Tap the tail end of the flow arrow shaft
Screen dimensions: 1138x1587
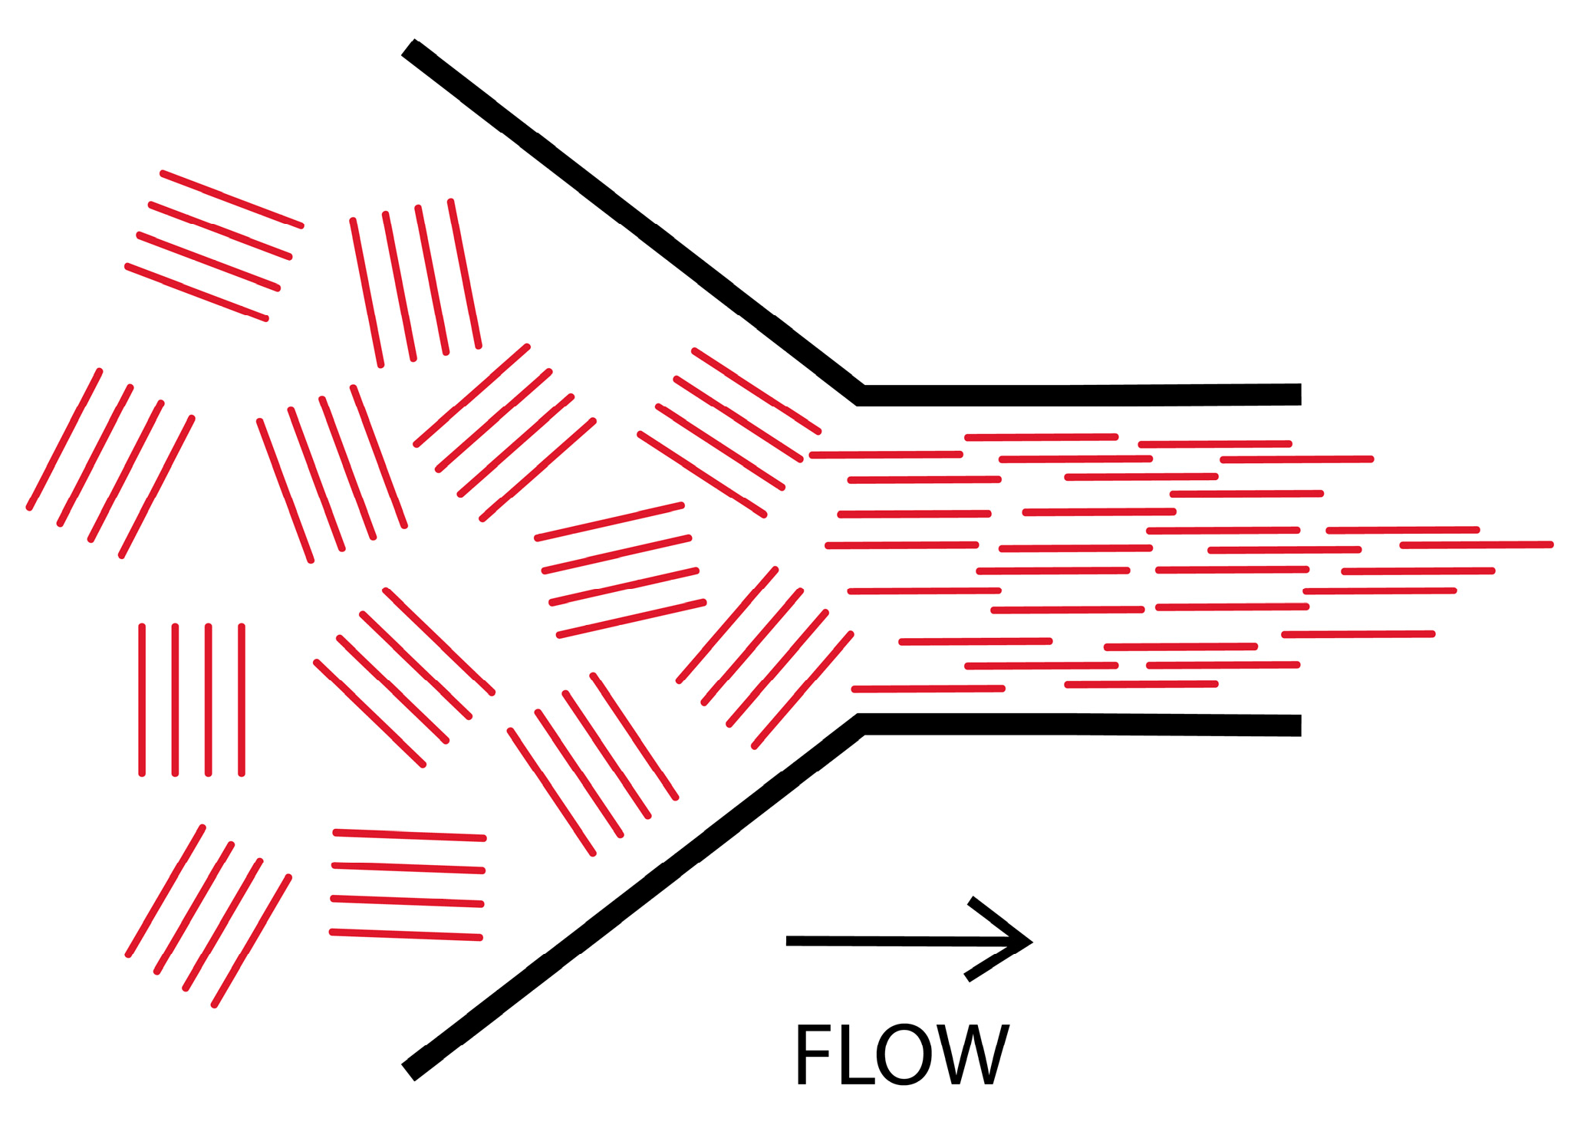point(790,941)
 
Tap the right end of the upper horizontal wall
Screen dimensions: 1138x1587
point(1296,394)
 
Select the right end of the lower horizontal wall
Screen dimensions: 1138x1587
point(1296,725)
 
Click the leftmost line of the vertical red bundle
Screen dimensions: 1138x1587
point(142,699)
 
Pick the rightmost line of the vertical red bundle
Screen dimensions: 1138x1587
point(242,699)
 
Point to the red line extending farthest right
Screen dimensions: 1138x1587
point(1477,545)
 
